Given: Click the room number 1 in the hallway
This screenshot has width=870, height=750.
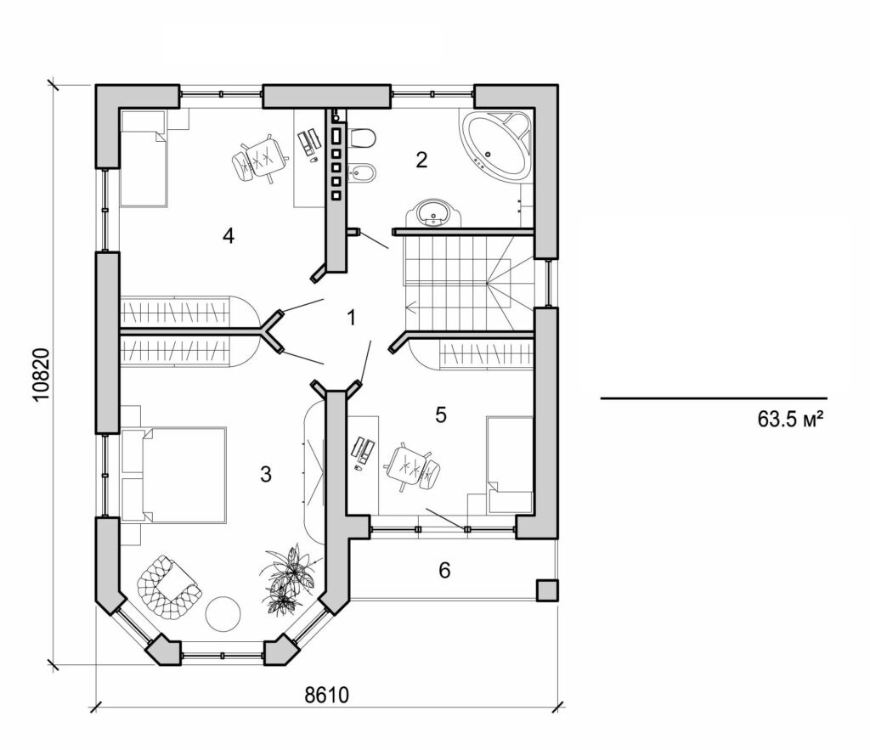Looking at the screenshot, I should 351,319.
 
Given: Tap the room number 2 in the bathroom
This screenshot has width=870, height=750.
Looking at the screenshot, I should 421,159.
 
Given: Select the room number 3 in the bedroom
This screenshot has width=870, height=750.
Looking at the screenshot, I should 266,475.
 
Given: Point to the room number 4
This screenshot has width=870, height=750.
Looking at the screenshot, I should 228,235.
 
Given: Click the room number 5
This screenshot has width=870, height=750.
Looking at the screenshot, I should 440,414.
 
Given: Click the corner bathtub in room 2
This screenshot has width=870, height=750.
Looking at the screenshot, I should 495,144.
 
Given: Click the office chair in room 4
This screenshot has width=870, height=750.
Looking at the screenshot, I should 257,158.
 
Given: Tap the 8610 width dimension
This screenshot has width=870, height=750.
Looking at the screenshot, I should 327,696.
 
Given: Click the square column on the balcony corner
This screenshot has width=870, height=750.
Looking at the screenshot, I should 546,589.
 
